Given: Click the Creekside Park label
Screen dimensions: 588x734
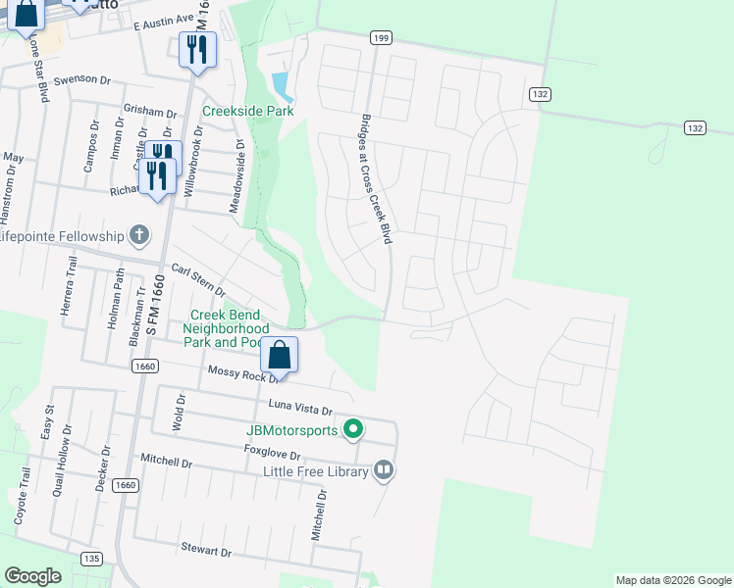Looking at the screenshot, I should (x=248, y=112).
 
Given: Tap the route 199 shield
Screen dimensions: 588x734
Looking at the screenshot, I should (x=382, y=38).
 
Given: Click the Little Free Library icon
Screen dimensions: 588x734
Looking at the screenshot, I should (x=384, y=471).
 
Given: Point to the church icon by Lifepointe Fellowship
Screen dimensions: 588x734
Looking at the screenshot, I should (x=139, y=235).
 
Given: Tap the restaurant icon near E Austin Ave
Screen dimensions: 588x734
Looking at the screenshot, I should (x=196, y=49).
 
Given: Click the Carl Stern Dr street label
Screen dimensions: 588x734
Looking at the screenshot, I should (x=198, y=280).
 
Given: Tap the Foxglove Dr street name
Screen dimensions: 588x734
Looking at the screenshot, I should (x=272, y=454).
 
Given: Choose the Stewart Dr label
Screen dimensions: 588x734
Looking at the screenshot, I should (x=205, y=551).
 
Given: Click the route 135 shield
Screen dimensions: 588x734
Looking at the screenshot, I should (x=91, y=559).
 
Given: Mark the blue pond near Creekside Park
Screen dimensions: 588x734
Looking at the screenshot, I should (x=283, y=86).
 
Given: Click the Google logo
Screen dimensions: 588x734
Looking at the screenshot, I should (x=32, y=576).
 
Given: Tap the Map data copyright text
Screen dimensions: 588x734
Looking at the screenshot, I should (x=672, y=580).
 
